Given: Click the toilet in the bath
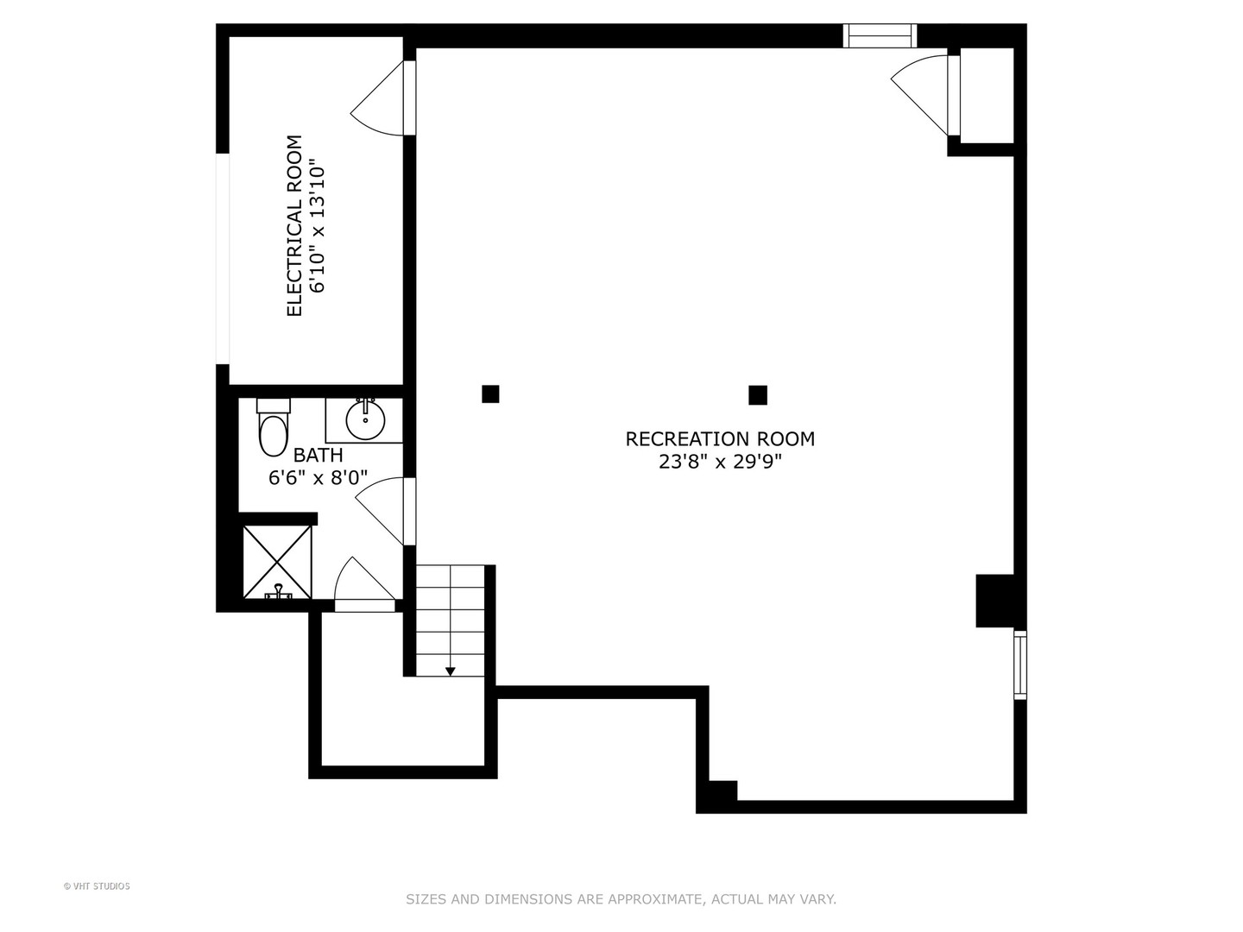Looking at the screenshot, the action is click(274, 426).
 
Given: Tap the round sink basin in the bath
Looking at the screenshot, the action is click(365, 420).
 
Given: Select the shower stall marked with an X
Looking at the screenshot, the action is click(277, 562).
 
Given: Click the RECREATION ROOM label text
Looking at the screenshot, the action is click(720, 439).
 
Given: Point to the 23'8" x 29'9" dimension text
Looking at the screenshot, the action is click(720, 463).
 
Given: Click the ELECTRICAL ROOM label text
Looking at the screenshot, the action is click(294, 226).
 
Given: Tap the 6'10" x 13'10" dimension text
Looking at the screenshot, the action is click(318, 229).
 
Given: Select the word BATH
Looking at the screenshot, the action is click(319, 455).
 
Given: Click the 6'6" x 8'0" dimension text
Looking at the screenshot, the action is click(319, 478).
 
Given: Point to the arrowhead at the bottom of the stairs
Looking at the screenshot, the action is click(451, 671).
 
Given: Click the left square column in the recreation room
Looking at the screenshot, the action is click(490, 394).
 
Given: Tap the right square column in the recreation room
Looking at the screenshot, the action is click(758, 395).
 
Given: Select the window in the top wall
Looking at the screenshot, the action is click(880, 35).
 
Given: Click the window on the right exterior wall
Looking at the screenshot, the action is click(1020, 664).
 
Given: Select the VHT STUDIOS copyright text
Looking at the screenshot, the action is click(97, 886).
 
